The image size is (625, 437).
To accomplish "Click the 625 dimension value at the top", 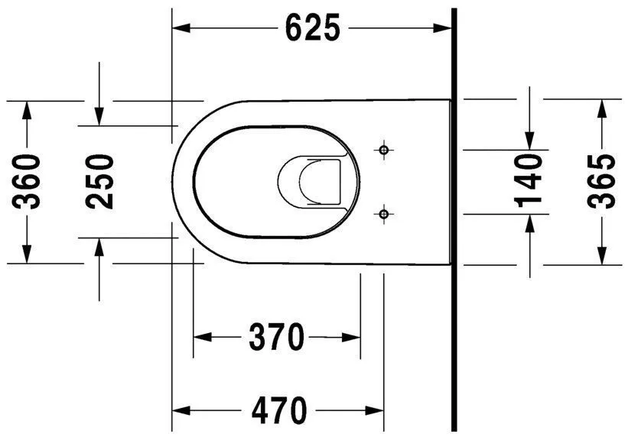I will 312,28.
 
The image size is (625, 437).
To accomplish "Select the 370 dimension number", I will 276,336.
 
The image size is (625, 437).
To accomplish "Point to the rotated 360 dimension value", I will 28,181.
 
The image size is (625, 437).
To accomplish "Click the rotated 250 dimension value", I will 99,181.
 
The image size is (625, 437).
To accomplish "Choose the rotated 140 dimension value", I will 529,180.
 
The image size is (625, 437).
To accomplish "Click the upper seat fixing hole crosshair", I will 384,149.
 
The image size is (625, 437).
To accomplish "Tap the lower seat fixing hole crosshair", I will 384,214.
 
